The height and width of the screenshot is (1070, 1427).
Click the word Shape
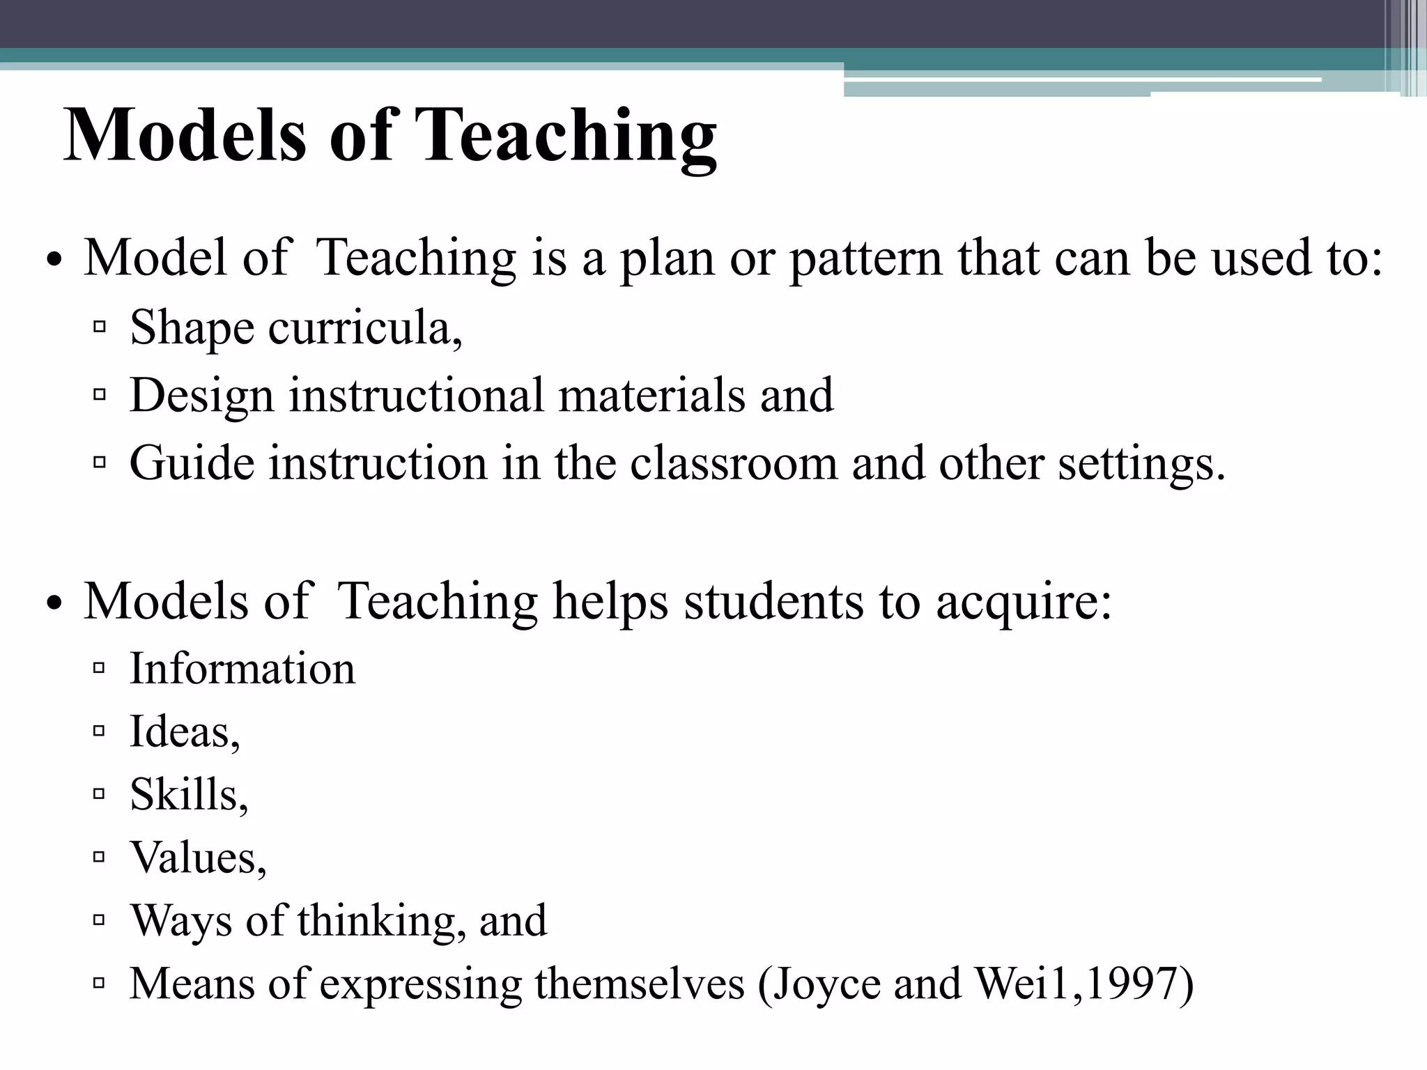(192, 328)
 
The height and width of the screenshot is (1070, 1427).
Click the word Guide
(192, 463)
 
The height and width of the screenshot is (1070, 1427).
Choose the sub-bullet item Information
(242, 669)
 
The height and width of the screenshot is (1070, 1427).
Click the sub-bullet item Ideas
(185, 732)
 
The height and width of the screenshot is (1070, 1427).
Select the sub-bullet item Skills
(188, 795)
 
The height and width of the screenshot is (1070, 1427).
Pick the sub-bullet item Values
(198, 858)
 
